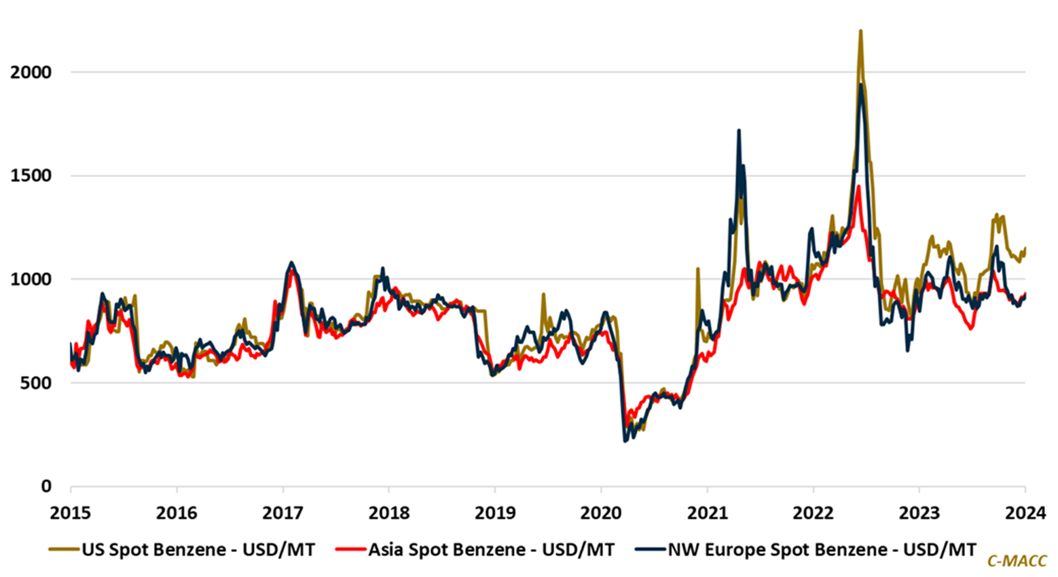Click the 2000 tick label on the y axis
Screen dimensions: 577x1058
(x=31, y=72)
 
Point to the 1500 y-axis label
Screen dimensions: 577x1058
(x=31, y=176)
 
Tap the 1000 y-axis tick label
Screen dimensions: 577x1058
(x=31, y=279)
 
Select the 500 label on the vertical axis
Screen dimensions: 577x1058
(x=37, y=383)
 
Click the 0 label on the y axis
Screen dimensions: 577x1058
(x=46, y=487)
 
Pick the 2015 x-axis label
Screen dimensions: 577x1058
(x=71, y=513)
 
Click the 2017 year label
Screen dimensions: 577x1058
(x=282, y=513)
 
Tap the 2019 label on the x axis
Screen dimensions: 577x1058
(x=494, y=513)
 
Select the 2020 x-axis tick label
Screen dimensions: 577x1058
(x=601, y=513)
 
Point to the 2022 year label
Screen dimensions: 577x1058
(x=813, y=513)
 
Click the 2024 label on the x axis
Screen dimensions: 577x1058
(x=1025, y=513)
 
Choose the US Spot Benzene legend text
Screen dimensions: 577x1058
(x=198, y=549)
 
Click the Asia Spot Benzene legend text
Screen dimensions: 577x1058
(x=491, y=549)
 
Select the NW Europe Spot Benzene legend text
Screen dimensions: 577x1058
(x=822, y=549)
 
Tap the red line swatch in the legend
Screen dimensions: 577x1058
(x=350, y=549)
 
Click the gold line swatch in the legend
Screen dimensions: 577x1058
(x=64, y=549)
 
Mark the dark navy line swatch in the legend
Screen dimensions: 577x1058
(x=649, y=549)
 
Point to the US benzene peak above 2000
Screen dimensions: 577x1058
(x=860, y=31)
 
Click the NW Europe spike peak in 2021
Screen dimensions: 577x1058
(x=739, y=130)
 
